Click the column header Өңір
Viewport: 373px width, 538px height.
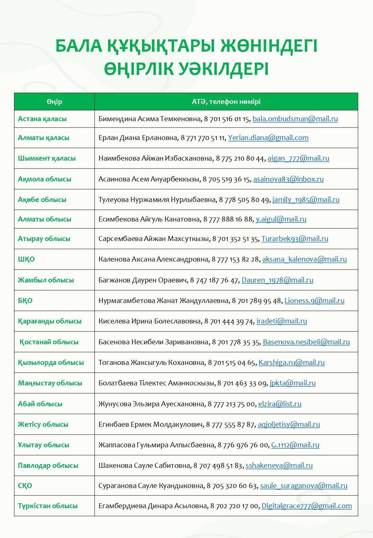(54, 102)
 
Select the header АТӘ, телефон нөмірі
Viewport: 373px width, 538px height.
(226, 102)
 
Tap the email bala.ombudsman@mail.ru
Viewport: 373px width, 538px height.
(295, 119)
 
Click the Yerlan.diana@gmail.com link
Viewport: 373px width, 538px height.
(268, 138)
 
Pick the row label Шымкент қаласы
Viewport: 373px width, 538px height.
(47, 158)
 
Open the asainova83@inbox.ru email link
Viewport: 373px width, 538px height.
(288, 179)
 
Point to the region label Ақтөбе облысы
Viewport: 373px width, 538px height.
(42, 200)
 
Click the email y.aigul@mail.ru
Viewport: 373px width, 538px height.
(281, 219)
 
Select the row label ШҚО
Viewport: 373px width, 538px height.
(26, 259)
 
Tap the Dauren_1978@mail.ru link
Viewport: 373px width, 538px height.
(277, 280)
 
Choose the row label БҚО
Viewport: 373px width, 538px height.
(25, 301)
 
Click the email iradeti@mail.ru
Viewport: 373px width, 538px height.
(281, 321)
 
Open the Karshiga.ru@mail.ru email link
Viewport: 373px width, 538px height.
(291, 363)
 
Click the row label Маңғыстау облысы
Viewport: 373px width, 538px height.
(50, 383)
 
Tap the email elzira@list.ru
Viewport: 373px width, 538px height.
(280, 404)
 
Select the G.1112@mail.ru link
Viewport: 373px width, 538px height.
(295, 445)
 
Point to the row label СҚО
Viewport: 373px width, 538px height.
(25, 486)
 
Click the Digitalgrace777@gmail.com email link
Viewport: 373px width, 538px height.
(306, 506)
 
